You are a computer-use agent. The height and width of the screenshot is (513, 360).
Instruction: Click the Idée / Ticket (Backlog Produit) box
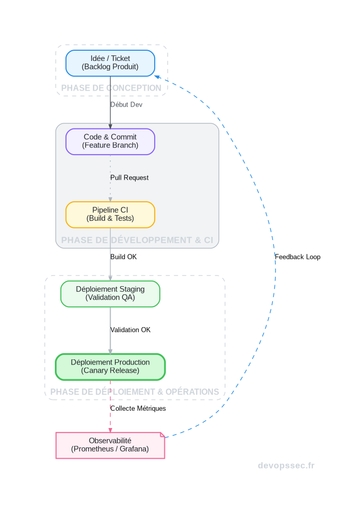110,63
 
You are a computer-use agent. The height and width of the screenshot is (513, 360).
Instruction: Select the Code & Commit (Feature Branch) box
110,141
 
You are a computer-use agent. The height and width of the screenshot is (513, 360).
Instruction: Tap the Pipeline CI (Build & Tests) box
110,215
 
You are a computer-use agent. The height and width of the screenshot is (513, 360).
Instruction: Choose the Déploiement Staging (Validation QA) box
110,293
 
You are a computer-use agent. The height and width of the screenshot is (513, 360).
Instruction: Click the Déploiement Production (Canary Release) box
110,367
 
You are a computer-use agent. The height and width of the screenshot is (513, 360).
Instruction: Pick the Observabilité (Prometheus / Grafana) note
110,445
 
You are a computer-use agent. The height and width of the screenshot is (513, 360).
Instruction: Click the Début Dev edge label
126,104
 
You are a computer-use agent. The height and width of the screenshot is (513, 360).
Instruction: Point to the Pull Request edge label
129,178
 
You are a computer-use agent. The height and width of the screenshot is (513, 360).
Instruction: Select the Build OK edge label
123,256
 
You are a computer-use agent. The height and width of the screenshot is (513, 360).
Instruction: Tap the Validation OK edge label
130,330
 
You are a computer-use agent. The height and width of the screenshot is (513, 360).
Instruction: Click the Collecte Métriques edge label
138,409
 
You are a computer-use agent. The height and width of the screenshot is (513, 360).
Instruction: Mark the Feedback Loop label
298,257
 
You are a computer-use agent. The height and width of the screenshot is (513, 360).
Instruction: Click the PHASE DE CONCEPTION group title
111,88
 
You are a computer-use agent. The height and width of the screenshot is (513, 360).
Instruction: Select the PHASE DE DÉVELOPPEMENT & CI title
137,240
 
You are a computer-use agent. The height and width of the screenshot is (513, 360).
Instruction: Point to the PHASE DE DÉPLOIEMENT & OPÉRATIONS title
135,392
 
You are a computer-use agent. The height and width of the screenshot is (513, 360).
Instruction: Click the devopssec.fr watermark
286,465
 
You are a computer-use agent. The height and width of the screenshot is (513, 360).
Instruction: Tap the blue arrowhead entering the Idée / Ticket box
158,77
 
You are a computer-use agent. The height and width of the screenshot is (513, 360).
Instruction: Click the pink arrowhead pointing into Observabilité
110,430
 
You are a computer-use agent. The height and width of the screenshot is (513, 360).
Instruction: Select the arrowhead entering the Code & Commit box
110,126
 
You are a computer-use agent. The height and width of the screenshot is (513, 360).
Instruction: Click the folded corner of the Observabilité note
162,435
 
